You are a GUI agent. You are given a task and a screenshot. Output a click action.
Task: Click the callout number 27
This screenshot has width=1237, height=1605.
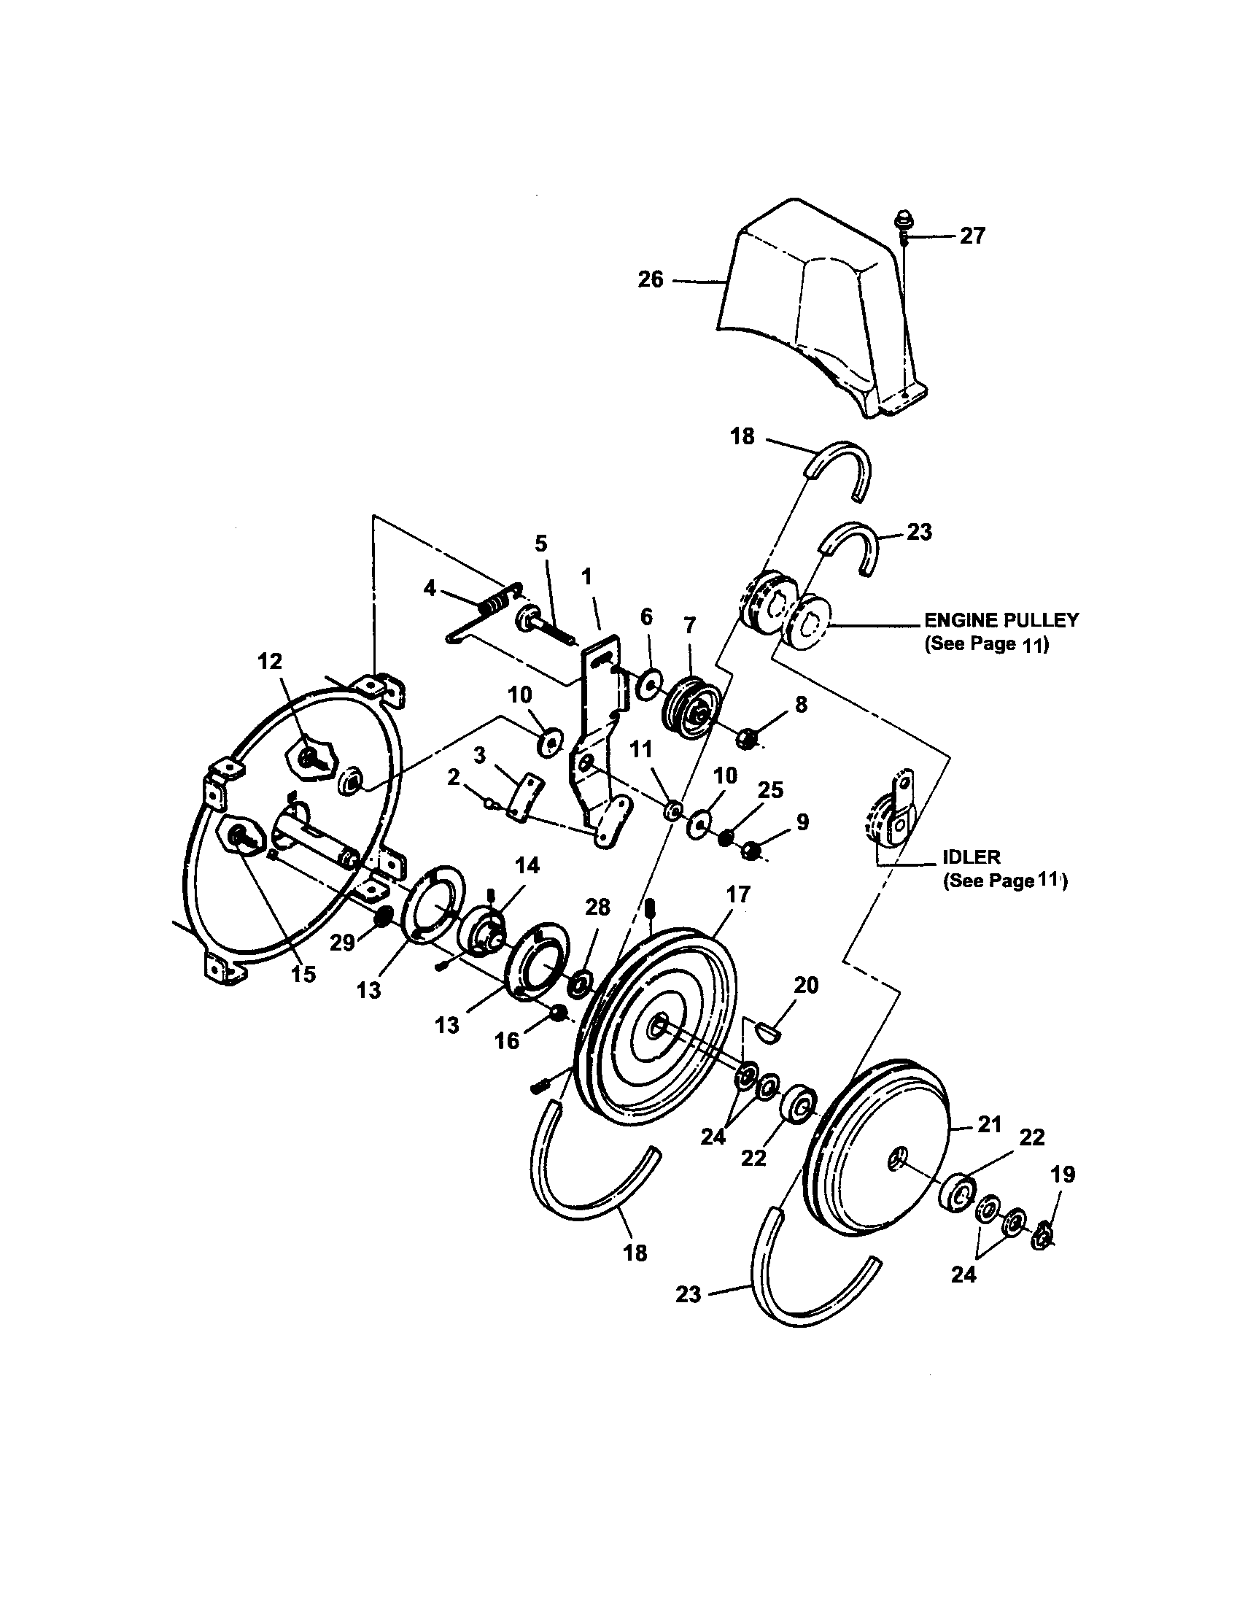pyautogui.click(x=971, y=236)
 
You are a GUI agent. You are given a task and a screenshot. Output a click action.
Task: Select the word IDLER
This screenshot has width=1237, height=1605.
pyautogui.click(x=971, y=857)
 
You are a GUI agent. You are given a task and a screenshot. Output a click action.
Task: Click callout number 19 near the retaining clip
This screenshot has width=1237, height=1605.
pyautogui.click(x=1063, y=1175)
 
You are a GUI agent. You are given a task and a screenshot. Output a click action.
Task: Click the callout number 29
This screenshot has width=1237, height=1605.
pyautogui.click(x=342, y=943)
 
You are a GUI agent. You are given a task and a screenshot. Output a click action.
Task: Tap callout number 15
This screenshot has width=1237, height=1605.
pyautogui.click(x=303, y=974)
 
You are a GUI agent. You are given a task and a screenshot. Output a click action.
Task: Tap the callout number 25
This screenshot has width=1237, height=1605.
pyautogui.click(x=770, y=790)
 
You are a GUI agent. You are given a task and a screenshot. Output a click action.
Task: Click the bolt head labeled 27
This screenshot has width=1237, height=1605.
pyautogui.click(x=901, y=220)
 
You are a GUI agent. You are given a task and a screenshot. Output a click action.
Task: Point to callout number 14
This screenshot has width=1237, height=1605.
pyautogui.click(x=527, y=866)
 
